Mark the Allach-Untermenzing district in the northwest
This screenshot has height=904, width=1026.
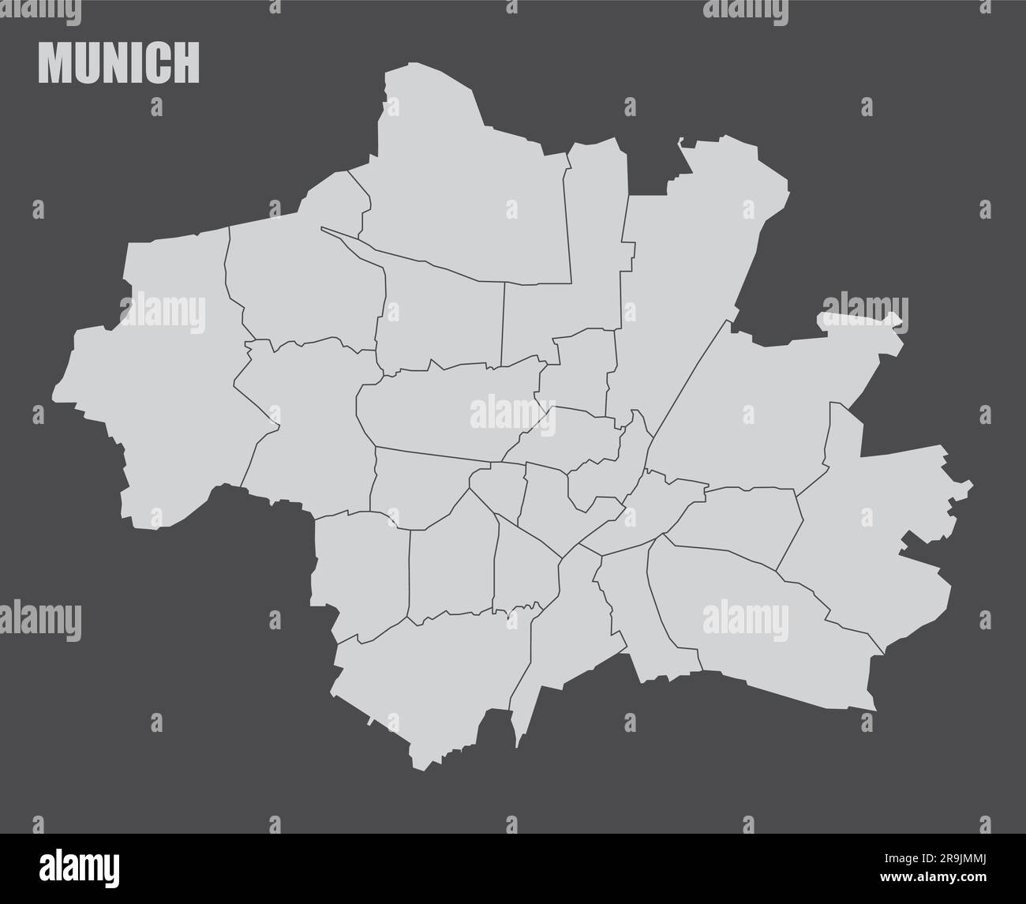pos(300,276)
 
